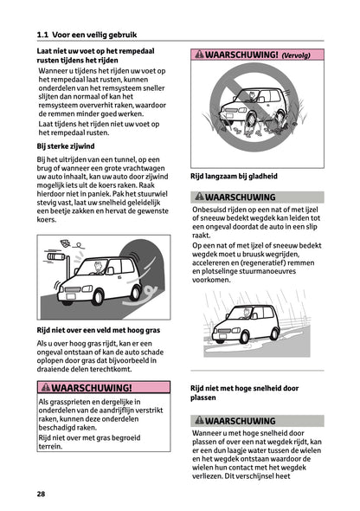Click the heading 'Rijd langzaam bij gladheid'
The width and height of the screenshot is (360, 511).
234,176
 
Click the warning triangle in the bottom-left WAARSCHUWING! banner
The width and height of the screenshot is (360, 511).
45,387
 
